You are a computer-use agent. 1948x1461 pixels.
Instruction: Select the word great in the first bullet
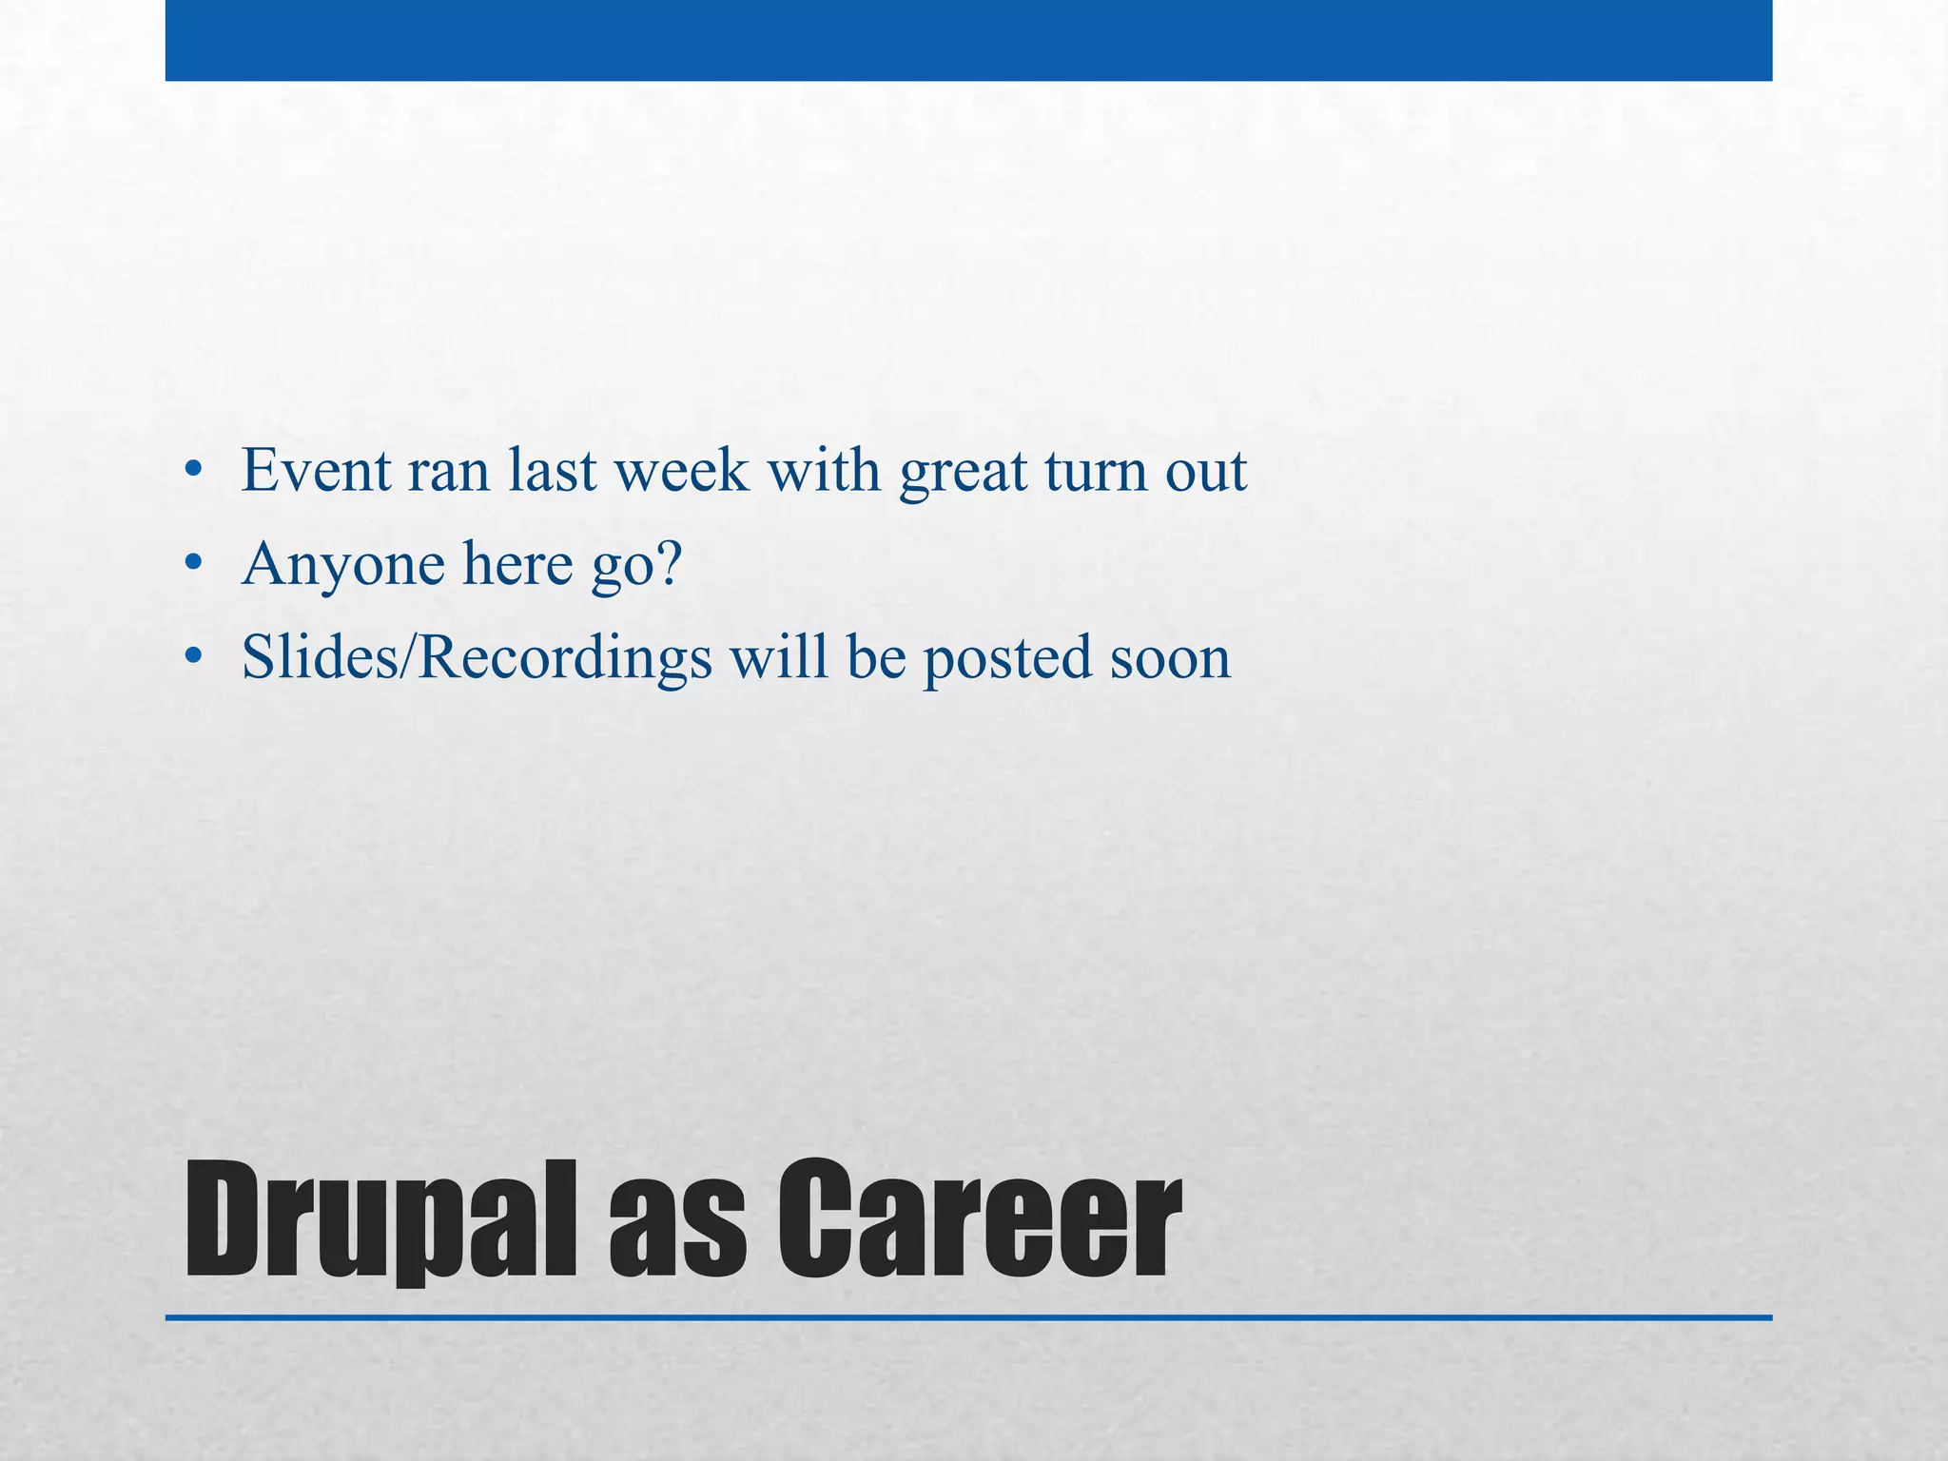click(x=963, y=473)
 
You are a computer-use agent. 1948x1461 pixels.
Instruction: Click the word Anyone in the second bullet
click(x=342, y=565)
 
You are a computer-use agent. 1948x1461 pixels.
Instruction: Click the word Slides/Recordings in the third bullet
click(x=477, y=658)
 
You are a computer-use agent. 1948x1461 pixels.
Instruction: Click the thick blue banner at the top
click(x=968, y=40)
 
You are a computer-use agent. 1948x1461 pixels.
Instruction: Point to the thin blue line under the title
click(x=968, y=1318)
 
